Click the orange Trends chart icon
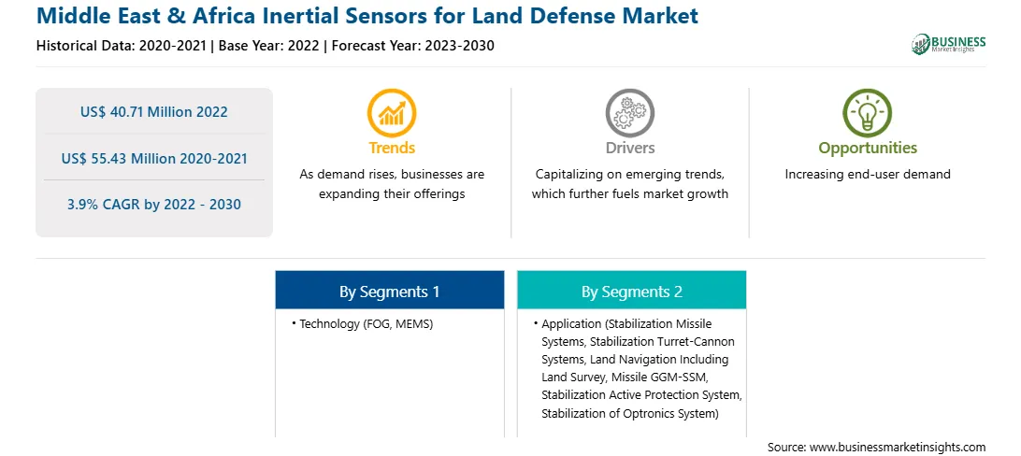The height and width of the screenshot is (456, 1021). (x=392, y=112)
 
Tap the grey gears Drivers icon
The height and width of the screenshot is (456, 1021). (x=629, y=112)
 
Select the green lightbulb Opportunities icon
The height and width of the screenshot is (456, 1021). (x=868, y=112)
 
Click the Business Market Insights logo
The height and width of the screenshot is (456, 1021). (x=949, y=44)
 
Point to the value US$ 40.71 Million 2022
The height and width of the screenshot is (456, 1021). (x=154, y=112)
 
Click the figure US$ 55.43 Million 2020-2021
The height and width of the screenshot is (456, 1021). (x=154, y=158)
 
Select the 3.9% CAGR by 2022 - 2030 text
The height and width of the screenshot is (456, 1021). (x=154, y=205)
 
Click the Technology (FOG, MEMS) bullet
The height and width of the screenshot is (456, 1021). (x=363, y=324)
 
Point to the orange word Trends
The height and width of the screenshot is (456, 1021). (x=392, y=148)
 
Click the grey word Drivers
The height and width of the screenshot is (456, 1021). (x=630, y=148)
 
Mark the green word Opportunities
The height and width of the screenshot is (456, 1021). (x=868, y=149)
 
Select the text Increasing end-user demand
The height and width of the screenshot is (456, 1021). (x=868, y=175)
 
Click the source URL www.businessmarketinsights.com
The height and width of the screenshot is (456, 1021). (x=898, y=447)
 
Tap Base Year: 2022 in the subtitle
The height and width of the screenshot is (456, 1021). (x=269, y=46)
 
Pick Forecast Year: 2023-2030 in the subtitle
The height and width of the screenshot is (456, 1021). (x=413, y=46)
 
